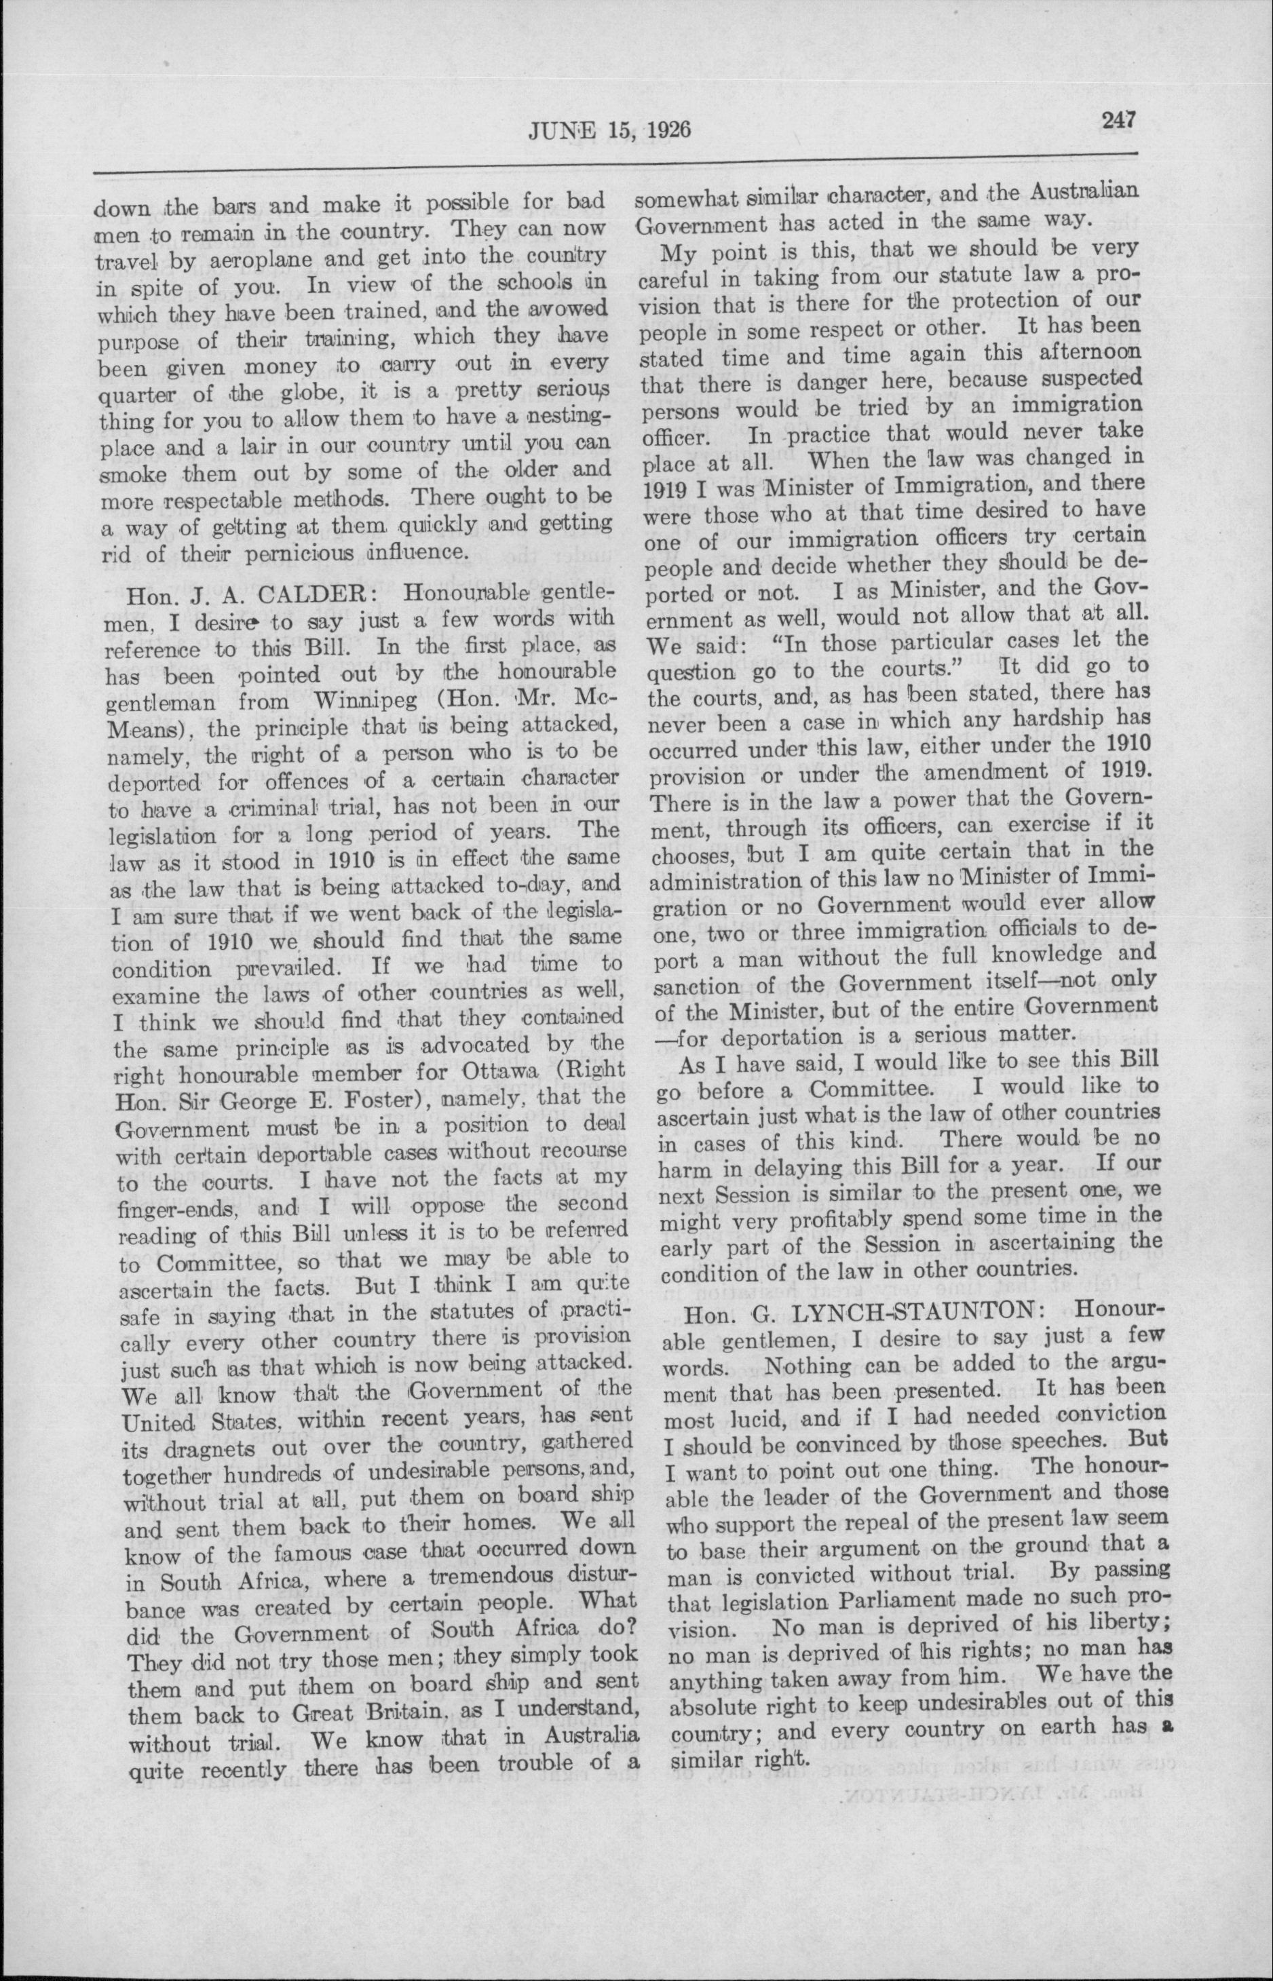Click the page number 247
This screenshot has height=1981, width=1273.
(x=1120, y=121)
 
